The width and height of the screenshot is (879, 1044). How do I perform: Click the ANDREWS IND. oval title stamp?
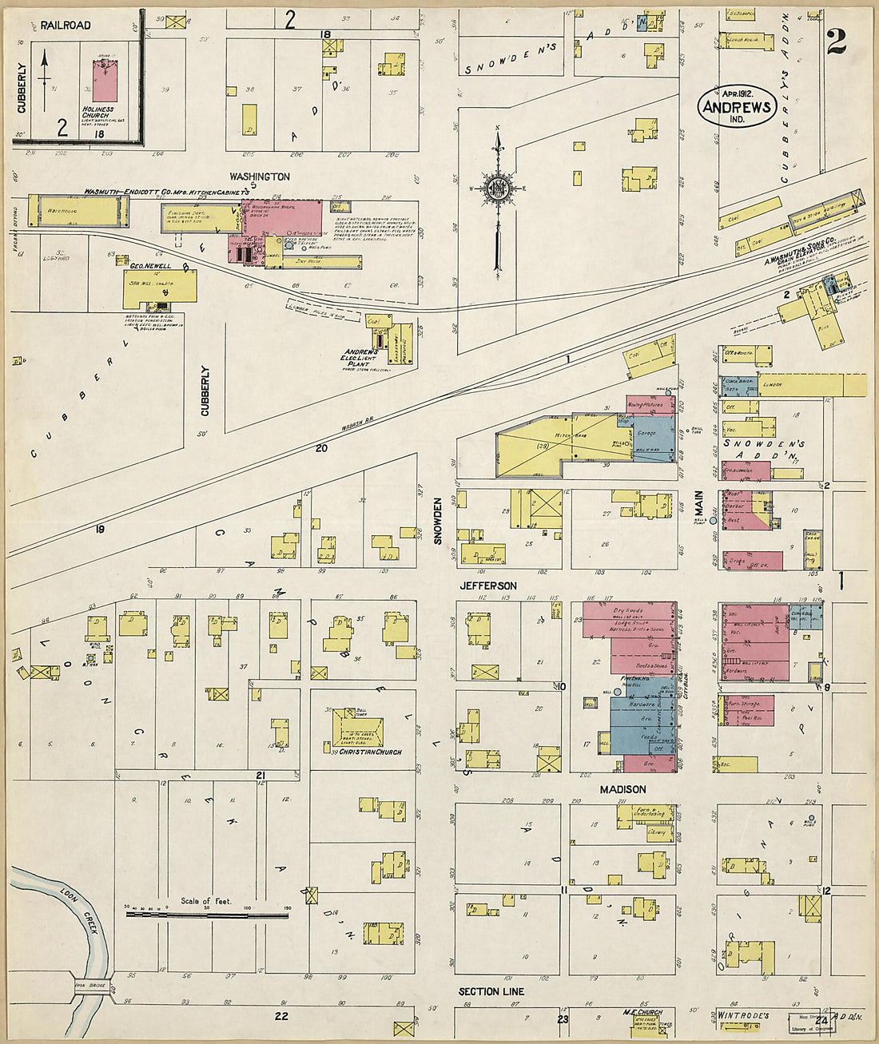tap(737, 107)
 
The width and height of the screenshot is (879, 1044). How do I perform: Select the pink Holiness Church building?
tap(102, 81)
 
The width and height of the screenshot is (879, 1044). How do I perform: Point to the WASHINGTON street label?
tap(260, 176)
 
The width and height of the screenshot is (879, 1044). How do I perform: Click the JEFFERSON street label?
tap(487, 586)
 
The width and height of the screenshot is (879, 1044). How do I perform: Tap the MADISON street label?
tap(622, 789)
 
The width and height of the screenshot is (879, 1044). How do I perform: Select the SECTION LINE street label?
tap(491, 991)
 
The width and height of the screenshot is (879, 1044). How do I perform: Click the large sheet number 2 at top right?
tap(836, 42)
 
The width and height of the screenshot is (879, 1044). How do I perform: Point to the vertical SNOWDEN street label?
tap(438, 521)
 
